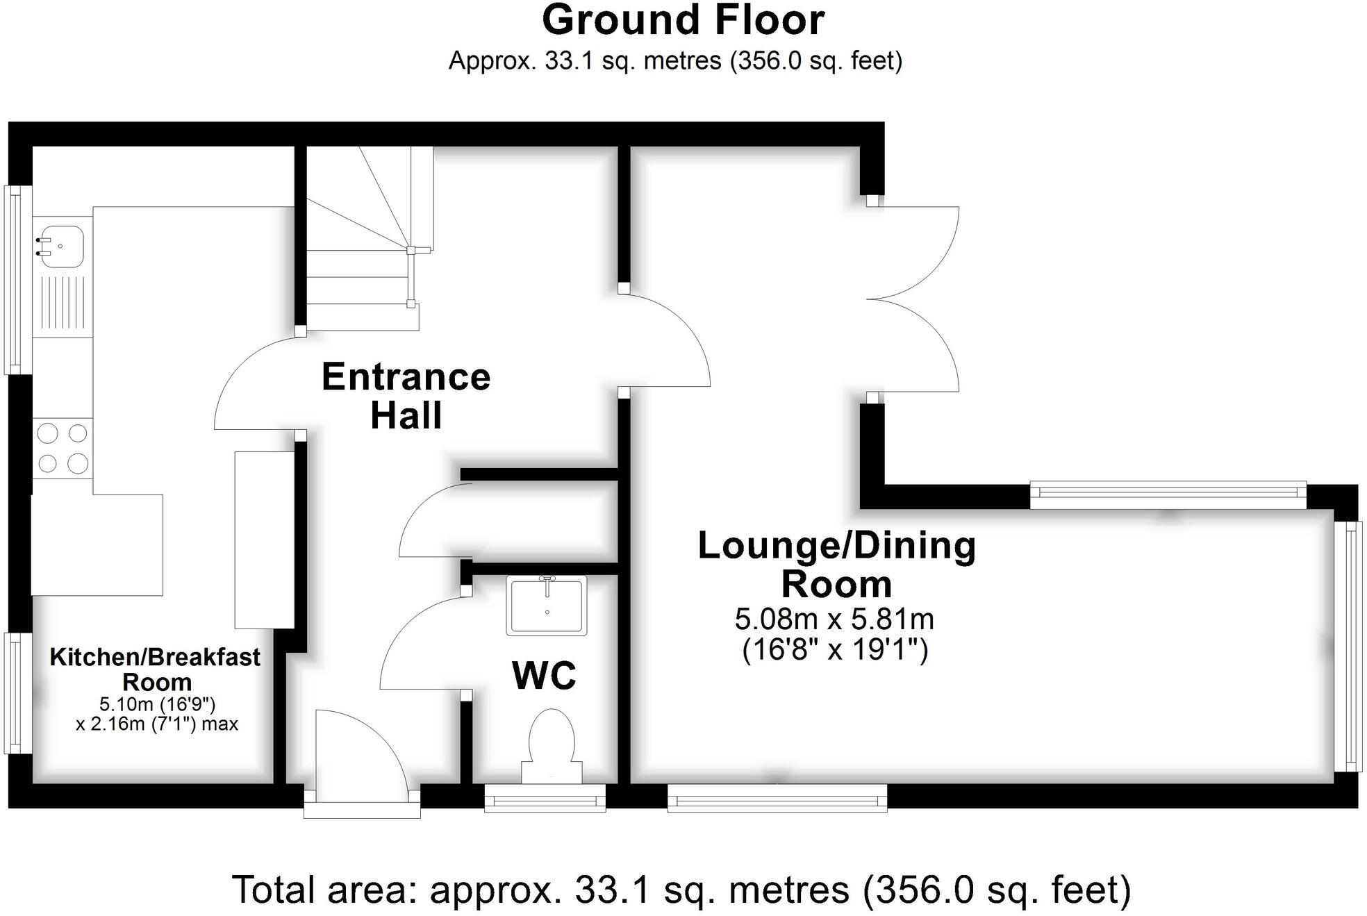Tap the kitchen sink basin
tap(61, 246)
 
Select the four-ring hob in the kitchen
tap(63, 448)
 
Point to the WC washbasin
tap(547, 606)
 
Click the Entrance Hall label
tap(406, 396)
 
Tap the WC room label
tap(544, 675)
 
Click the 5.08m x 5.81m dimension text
tap(834, 618)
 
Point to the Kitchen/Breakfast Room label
tap(155, 669)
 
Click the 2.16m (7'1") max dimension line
tap(157, 724)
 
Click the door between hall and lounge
tap(667, 340)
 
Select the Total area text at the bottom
tap(681, 890)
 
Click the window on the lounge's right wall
tap(1348, 646)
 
